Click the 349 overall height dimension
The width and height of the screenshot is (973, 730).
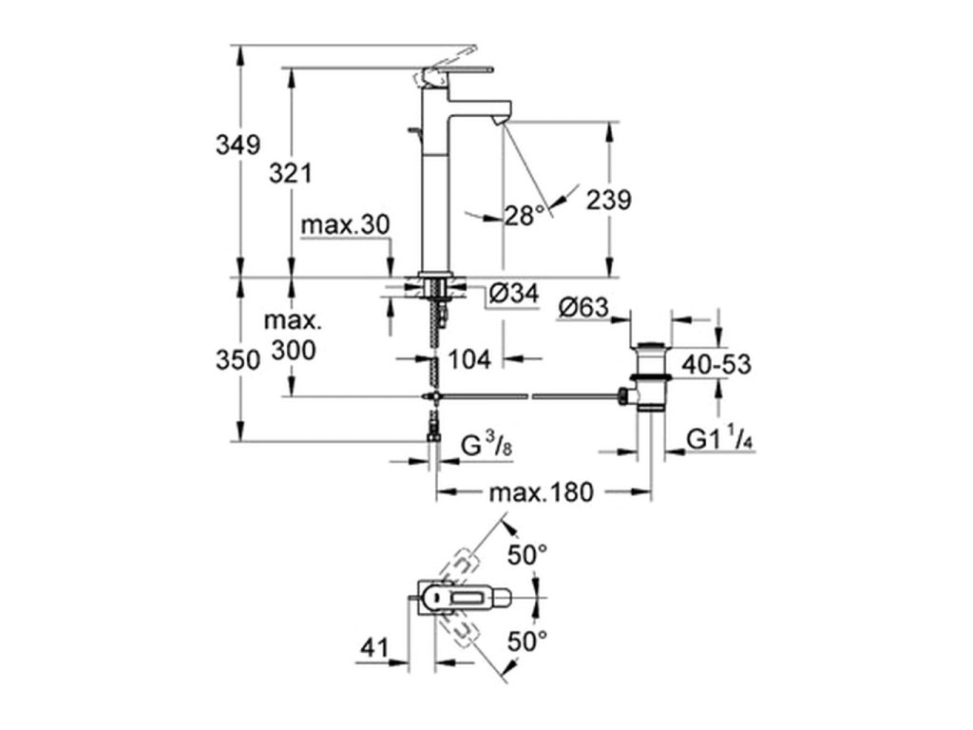[238, 145]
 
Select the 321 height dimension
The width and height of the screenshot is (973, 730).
[291, 174]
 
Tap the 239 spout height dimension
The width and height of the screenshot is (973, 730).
[609, 200]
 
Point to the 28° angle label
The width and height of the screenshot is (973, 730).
[525, 216]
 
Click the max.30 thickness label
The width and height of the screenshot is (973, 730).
[345, 224]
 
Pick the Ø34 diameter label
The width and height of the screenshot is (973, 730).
[514, 293]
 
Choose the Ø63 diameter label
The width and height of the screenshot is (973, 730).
[583, 307]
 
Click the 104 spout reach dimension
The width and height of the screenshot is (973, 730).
[469, 358]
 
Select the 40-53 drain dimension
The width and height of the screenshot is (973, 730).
[716, 364]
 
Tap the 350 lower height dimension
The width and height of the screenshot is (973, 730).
[238, 360]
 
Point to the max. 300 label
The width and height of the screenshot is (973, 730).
[294, 336]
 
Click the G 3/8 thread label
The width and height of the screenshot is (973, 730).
[487, 446]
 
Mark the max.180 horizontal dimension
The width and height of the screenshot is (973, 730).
[542, 492]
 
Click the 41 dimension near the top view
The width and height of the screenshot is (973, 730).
[374, 647]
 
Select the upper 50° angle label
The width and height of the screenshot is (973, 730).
[527, 554]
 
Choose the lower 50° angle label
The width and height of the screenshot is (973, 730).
[527, 642]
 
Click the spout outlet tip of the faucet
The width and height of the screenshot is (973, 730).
[501, 123]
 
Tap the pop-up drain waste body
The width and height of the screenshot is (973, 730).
[649, 376]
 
